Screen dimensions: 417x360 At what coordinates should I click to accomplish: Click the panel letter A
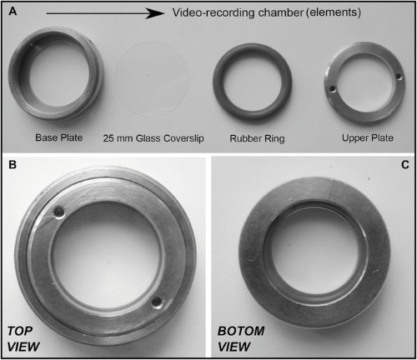pos(13,12)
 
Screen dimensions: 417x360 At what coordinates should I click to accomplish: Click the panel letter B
pos(13,164)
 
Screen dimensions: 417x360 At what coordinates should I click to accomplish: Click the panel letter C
pos(405,165)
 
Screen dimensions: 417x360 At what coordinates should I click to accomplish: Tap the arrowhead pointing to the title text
pos(155,13)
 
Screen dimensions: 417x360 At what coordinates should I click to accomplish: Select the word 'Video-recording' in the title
pos(213,12)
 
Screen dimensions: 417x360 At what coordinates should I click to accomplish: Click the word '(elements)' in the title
pos(334,12)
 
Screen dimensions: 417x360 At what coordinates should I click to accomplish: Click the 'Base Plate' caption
pos(59,137)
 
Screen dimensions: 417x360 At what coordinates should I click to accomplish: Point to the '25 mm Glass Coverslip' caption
pos(153,138)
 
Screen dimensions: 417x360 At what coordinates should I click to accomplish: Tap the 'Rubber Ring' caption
pos(257,138)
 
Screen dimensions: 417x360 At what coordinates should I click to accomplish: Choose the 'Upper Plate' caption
pos(368,137)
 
